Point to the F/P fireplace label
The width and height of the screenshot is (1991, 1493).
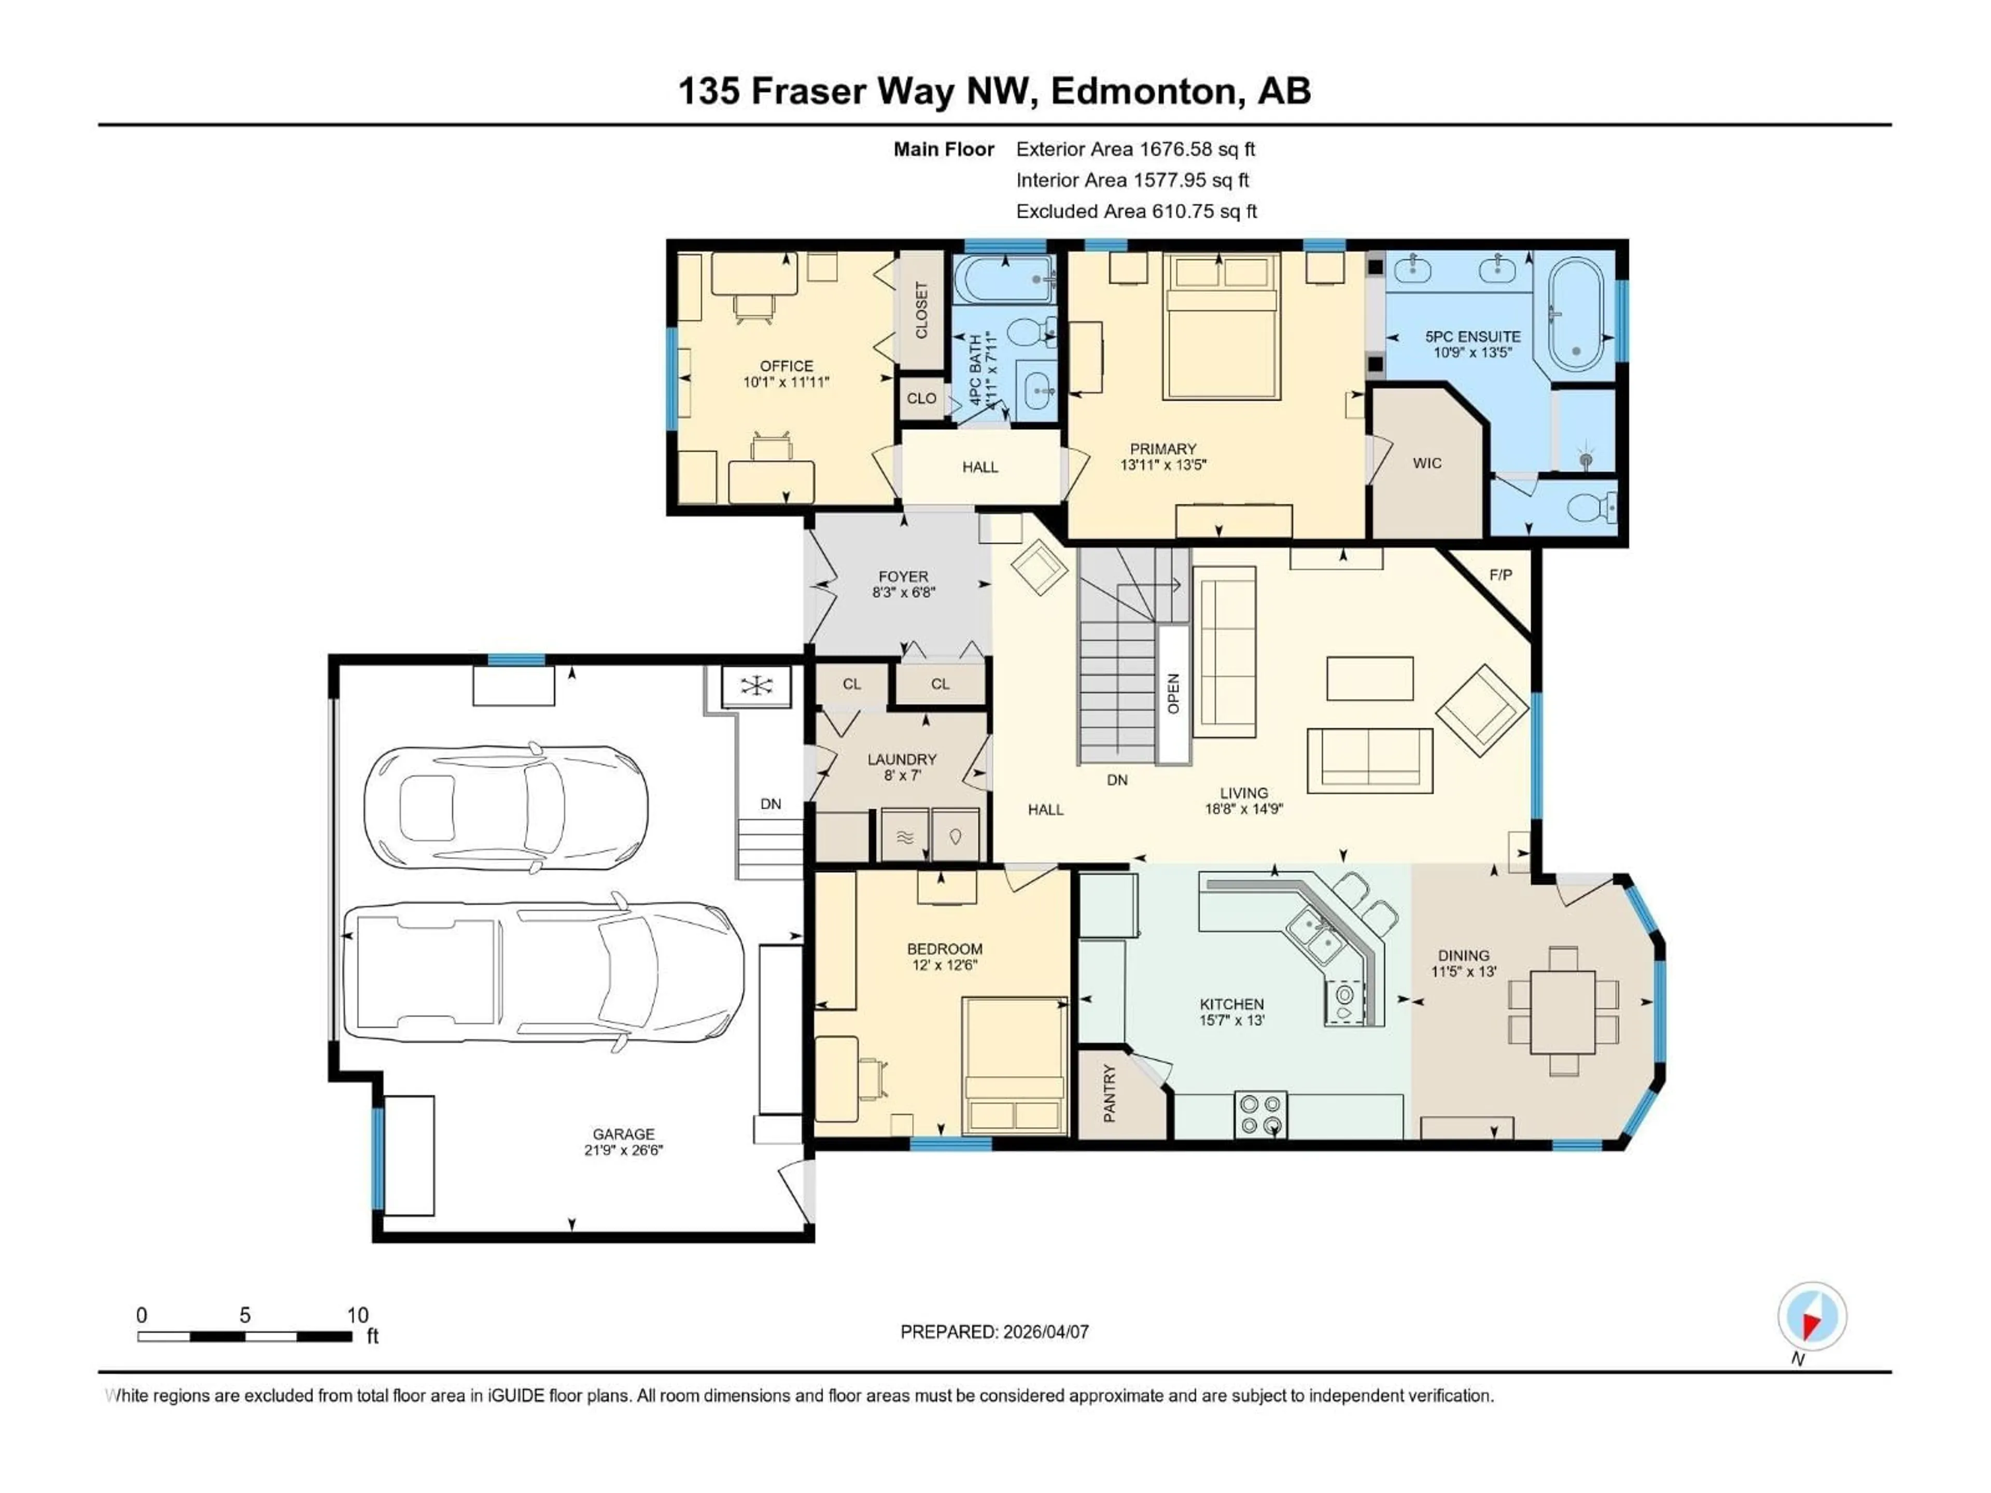pyautogui.click(x=1501, y=574)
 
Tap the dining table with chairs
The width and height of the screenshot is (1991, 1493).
pyautogui.click(x=1563, y=1011)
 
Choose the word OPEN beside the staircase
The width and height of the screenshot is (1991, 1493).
pyautogui.click(x=1173, y=693)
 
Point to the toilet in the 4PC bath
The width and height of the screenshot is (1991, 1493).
pyautogui.click(x=1026, y=333)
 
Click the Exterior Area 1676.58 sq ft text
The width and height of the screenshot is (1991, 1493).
pyautogui.click(x=1135, y=149)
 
